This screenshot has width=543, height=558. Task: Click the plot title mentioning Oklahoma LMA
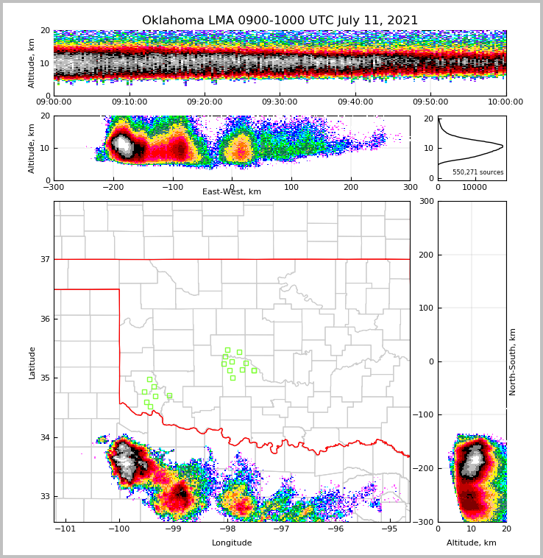point(280,21)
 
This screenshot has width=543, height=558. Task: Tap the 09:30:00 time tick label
point(280,102)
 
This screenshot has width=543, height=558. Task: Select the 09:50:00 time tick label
point(430,102)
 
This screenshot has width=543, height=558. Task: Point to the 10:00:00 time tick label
point(505,102)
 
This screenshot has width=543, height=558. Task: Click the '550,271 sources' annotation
point(478,172)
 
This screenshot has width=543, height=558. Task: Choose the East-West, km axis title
point(232,192)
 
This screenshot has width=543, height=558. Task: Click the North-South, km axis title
point(514,361)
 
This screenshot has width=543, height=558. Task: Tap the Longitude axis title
point(232,543)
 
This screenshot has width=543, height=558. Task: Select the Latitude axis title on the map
point(32,362)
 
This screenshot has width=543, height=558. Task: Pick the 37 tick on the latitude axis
point(44,259)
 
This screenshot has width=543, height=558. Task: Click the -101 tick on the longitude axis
point(66,529)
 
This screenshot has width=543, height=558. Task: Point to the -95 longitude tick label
point(389,529)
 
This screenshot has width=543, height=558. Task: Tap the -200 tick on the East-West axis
point(113,187)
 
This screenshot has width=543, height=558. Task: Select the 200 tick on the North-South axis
point(425,255)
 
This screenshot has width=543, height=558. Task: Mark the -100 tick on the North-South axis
point(424,414)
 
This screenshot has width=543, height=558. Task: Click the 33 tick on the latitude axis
point(44,496)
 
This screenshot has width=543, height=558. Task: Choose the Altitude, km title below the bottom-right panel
point(472,543)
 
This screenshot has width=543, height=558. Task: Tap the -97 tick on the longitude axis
point(281,529)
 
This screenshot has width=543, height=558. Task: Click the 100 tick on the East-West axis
point(291,187)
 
